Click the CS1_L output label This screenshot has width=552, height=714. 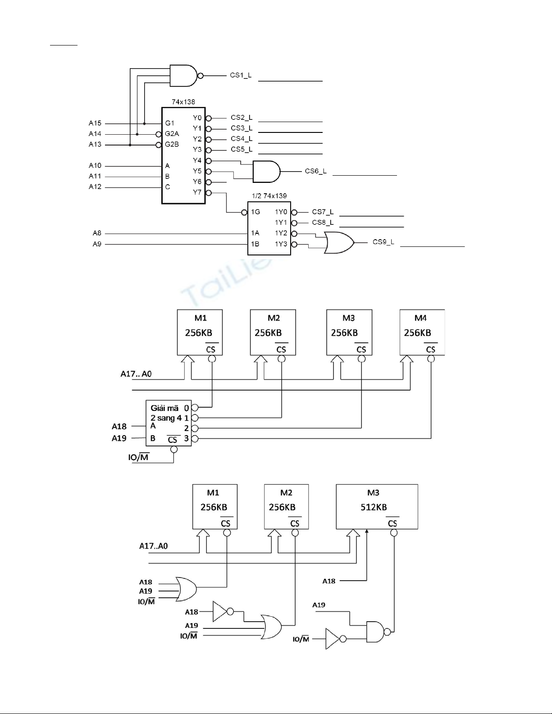pos(241,75)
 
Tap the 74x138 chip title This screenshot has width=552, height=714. pos(183,102)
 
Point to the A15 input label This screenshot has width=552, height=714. pos(95,123)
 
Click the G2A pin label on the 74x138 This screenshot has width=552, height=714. pos(172,134)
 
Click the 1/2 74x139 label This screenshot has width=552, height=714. pos(269,196)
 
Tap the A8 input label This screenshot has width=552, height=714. pos(97,233)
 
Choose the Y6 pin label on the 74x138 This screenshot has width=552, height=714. pos(197,182)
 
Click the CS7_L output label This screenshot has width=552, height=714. pos(323,212)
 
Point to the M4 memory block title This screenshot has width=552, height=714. pos(420,318)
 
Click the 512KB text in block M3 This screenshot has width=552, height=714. pos(374,507)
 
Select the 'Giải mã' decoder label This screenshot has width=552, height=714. pos(164,408)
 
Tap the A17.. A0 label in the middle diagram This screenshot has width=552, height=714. pos(136,374)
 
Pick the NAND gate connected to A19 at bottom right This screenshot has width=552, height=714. pos(376,632)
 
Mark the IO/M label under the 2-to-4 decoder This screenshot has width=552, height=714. pos(138,458)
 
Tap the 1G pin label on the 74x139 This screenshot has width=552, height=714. pos(255,212)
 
